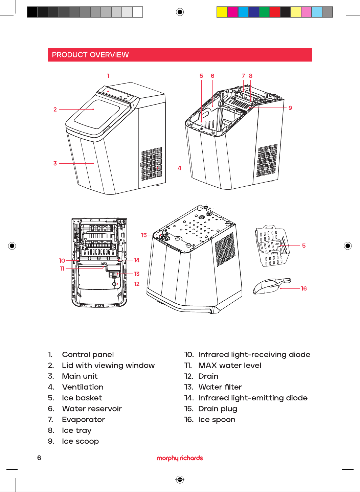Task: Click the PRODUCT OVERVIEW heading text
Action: point(90,55)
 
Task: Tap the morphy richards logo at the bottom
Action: point(180,458)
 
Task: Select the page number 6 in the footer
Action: point(39,458)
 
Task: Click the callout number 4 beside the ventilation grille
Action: point(179,168)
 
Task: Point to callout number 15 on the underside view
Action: point(144,235)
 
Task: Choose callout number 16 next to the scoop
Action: point(304,288)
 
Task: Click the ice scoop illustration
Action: point(272,286)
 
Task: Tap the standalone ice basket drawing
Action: point(272,245)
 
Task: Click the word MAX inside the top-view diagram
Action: point(104,263)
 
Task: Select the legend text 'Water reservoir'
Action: point(92,408)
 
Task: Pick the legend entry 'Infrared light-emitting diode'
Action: point(253,398)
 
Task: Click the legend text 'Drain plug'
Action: point(218,409)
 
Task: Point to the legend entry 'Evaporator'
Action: point(83,420)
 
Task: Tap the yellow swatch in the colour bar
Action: point(222,12)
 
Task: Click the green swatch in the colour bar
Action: point(264,12)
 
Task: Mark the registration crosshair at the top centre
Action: point(180,12)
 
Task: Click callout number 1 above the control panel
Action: point(108,76)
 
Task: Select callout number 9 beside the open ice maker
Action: point(290,108)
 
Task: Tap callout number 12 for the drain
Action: point(136,284)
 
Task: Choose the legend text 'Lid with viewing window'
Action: point(108,365)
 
